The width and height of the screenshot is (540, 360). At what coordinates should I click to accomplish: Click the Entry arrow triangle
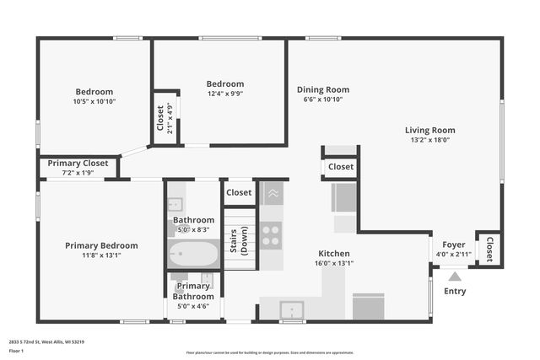tap(455, 275)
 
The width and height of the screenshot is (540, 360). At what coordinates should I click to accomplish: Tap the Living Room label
tap(429, 130)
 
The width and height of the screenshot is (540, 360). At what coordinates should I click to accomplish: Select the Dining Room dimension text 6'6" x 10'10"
tap(322, 99)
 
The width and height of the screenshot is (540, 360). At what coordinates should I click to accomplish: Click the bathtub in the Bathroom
tap(194, 253)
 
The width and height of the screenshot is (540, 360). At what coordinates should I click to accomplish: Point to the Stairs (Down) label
tap(239, 240)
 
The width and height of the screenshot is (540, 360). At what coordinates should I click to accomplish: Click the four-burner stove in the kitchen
tap(271, 234)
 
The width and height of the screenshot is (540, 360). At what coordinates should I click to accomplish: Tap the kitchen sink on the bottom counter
tap(292, 309)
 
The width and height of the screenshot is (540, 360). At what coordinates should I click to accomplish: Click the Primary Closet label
tap(78, 163)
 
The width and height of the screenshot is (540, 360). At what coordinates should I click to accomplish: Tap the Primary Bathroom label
tap(194, 291)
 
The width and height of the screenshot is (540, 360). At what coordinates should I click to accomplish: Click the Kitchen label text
tap(333, 253)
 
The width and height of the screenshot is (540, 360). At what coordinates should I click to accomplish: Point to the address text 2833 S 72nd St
tap(46, 341)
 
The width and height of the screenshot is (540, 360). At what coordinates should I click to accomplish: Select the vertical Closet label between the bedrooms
tap(160, 118)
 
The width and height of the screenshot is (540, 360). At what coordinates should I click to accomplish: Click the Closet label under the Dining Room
tap(341, 167)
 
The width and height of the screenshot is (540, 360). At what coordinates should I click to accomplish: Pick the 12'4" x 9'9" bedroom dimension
tap(225, 94)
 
